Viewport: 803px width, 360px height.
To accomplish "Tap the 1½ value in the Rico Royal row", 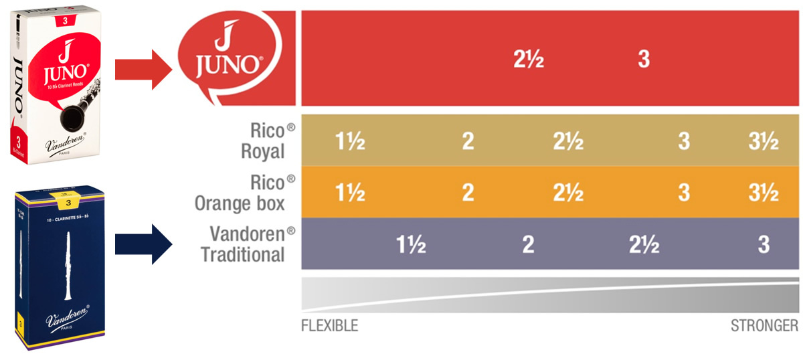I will pos(350,142).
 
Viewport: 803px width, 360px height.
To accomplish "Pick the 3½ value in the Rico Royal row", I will pos(764,142).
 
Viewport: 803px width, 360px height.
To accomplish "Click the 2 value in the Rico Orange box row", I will pos(468,193).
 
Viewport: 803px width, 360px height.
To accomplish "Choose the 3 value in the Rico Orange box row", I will pos(683,193).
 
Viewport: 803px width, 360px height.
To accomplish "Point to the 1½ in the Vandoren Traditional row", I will pos(411,245).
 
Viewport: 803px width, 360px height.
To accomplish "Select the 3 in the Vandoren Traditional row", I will pos(764,245).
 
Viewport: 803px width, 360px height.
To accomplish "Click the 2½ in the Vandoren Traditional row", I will pos(644,245).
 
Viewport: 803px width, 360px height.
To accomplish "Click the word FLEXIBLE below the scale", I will pos(329,326).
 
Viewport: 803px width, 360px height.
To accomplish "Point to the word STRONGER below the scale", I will pos(764,326).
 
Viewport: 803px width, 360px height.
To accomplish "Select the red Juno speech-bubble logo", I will pos(228,59).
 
